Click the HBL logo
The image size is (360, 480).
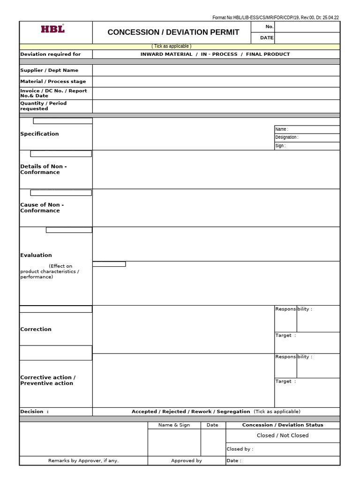coord(52,29)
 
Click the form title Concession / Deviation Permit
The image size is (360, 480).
coord(173,32)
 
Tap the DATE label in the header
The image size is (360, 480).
coord(267,38)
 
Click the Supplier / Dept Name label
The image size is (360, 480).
coord(49,70)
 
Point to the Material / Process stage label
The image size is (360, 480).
coord(53,82)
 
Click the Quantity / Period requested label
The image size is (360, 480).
coord(43,106)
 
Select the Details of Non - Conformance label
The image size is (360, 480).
coord(43,169)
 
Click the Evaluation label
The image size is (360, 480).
coord(36,255)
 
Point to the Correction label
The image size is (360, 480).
coord(36,330)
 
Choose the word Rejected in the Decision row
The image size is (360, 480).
coord(174,412)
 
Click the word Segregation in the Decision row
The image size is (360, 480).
coord(233,412)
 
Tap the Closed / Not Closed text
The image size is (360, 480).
coord(283,435)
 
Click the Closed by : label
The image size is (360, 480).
coord(240,449)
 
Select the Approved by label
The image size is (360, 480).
coord(187,461)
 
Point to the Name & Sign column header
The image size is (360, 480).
coord(174,425)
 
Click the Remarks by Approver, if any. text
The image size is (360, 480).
coord(83,461)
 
